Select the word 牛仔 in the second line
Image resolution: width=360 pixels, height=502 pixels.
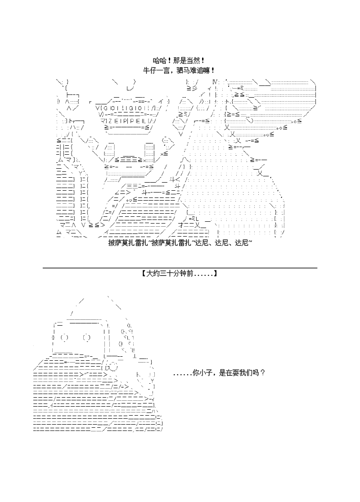150,70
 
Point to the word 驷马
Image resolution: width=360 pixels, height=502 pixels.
184,70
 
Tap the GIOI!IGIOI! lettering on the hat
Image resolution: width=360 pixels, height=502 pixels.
125,108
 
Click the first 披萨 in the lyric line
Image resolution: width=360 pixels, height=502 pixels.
114,243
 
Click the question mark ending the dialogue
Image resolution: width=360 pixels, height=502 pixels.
263,373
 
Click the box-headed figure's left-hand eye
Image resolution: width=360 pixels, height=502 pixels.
63,337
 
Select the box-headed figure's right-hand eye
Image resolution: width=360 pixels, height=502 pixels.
86,337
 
